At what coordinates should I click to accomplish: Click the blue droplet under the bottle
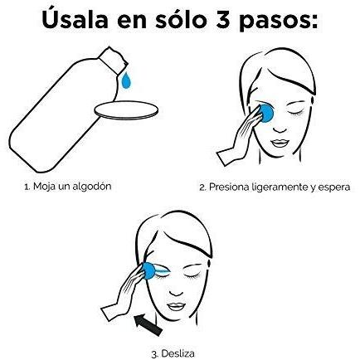click(126, 81)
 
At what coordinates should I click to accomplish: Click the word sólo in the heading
click(182, 19)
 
